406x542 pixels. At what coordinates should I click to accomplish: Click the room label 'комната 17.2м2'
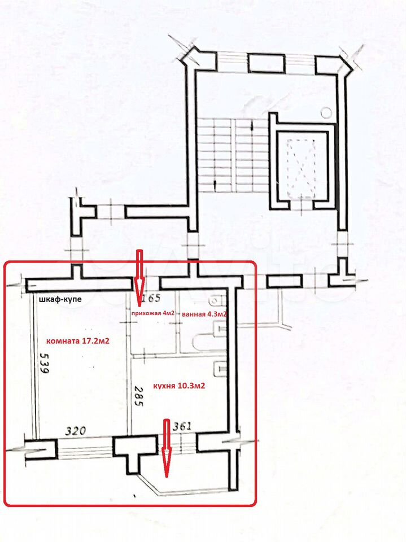78,341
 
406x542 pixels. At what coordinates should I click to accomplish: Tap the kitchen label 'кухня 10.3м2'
177,386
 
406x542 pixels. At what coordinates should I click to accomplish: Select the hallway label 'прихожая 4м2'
152,313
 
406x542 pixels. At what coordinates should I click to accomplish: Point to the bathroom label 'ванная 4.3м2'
204,314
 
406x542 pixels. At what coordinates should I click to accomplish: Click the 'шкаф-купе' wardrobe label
59,299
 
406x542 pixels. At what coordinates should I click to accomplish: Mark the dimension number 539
44,362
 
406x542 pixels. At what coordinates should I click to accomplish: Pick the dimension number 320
76,431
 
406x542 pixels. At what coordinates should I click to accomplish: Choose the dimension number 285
138,396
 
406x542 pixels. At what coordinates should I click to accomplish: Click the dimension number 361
182,426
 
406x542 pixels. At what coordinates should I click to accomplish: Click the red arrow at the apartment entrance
139,278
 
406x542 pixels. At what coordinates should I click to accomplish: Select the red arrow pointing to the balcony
167,448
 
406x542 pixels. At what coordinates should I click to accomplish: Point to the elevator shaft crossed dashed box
301,168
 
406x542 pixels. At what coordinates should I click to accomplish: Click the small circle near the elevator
326,112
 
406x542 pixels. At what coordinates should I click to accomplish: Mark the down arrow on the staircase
216,183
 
